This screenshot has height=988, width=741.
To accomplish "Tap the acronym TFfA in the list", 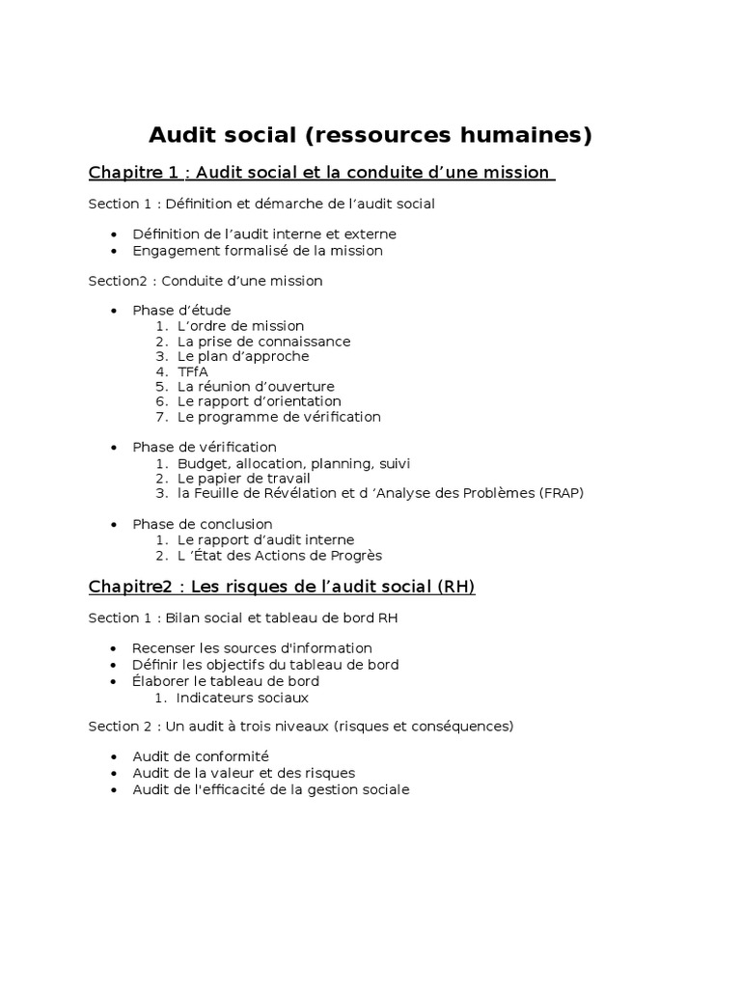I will coord(192,371).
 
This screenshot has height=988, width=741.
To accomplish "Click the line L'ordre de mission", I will coord(240,326).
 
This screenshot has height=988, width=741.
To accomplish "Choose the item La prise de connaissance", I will coord(263,342).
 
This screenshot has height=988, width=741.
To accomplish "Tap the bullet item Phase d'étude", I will coord(181,311).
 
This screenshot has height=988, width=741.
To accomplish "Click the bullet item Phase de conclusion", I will coord(203,524).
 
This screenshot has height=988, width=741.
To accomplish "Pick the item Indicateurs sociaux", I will coord(243,698).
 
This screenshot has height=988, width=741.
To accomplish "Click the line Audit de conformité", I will coord(201,756).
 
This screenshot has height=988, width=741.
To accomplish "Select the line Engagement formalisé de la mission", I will coord(258,250).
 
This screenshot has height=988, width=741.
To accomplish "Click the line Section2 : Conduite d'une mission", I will coord(206,281).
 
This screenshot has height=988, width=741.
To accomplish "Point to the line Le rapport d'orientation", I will coord(259,401).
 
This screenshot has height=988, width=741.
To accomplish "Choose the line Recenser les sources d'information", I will coord(252,648).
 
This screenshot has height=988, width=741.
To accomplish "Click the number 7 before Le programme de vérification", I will coord(159,417).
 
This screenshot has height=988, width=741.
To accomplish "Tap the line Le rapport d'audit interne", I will coord(265,540).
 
